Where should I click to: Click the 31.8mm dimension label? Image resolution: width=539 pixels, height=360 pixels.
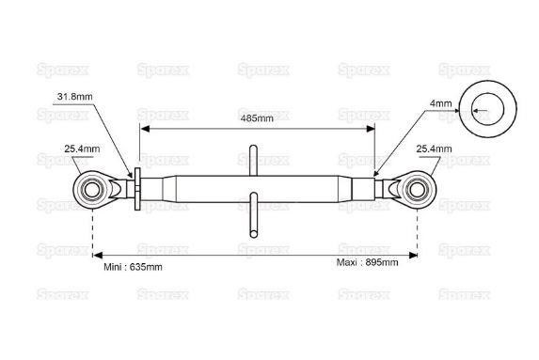point(74,97)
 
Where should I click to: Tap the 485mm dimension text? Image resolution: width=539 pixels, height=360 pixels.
point(257,118)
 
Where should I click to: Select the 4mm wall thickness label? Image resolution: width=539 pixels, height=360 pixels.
point(440,103)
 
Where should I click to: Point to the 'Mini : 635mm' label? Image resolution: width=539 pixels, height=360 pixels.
point(133,267)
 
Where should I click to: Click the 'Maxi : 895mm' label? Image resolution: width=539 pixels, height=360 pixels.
point(367,262)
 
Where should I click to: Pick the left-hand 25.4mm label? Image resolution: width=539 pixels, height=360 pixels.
point(82,149)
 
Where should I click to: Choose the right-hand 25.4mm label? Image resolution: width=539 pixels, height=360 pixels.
point(434,149)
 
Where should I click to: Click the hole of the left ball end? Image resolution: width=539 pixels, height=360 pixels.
point(92,190)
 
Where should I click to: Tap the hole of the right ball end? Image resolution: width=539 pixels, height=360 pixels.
point(418,190)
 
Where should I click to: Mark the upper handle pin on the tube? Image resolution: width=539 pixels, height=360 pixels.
point(253,161)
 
